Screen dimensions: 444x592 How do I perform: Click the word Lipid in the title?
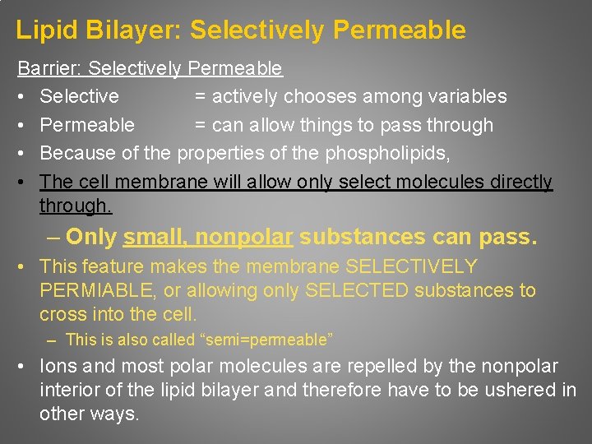(44, 30)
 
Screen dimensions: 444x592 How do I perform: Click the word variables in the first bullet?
(465, 96)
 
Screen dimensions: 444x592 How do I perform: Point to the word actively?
(246, 96)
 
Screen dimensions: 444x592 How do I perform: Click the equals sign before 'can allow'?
(200, 125)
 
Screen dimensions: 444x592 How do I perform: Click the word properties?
(216, 153)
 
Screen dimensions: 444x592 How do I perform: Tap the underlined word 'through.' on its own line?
(75, 206)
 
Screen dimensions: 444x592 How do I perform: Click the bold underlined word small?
(154, 238)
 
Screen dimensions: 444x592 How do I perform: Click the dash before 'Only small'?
(53, 238)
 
